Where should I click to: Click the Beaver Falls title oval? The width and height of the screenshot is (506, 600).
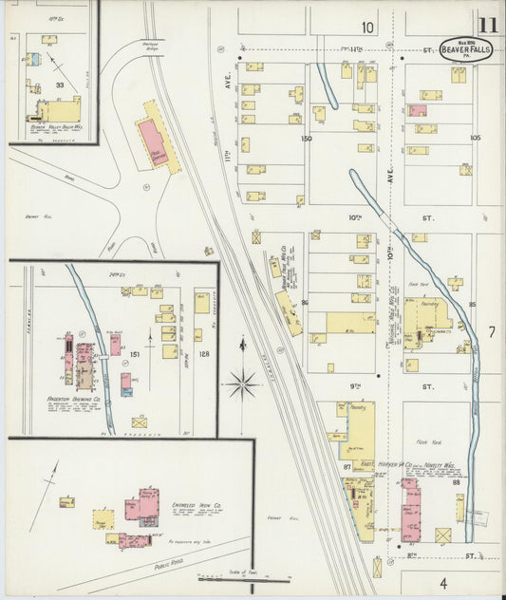point(465,50)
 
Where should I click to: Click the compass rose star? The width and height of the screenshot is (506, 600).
point(241,384)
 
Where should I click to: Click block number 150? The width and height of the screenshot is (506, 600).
point(306,139)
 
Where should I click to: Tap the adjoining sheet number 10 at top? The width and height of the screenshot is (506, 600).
point(366,27)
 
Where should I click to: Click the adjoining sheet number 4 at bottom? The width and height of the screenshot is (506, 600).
point(442,583)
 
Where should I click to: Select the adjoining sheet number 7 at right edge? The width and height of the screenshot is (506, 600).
point(492,332)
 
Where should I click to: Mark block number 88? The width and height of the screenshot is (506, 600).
point(456,482)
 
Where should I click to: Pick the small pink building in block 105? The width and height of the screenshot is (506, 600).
point(417,111)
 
